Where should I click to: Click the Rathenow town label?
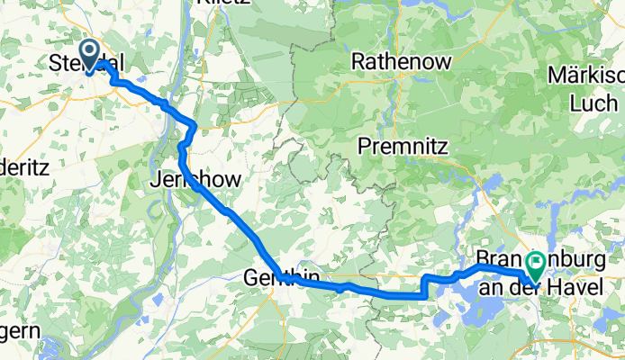(x=395, y=62)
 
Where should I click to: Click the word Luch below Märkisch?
(x=593, y=103)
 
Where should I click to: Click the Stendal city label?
(x=86, y=65)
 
